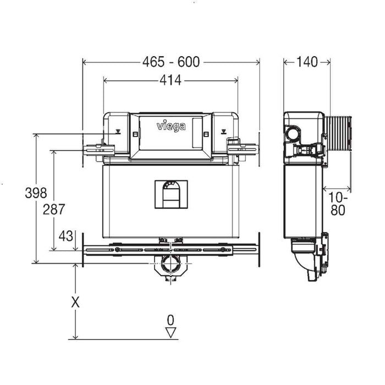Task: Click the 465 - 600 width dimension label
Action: pyautogui.click(x=170, y=62)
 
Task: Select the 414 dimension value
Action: pyautogui.click(x=170, y=81)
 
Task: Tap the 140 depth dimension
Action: pyautogui.click(x=307, y=62)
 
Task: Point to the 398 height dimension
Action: pyautogui.click(x=36, y=193)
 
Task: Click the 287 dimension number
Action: pyautogui.click(x=54, y=209)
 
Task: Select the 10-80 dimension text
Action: pyautogui.click(x=338, y=204)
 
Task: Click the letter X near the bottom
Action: pyautogui.click(x=75, y=302)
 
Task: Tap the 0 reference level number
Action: pyautogui.click(x=170, y=320)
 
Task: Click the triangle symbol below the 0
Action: pyautogui.click(x=170, y=332)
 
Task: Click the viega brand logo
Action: pyautogui.click(x=171, y=127)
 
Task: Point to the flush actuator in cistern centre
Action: pyautogui.click(x=170, y=194)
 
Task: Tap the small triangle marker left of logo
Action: pyautogui.click(x=118, y=132)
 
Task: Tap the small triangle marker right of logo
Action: pyautogui.click(x=223, y=132)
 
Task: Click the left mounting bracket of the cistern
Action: pyautogui.click(x=99, y=148)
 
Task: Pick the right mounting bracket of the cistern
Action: pyautogui.click(x=242, y=148)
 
